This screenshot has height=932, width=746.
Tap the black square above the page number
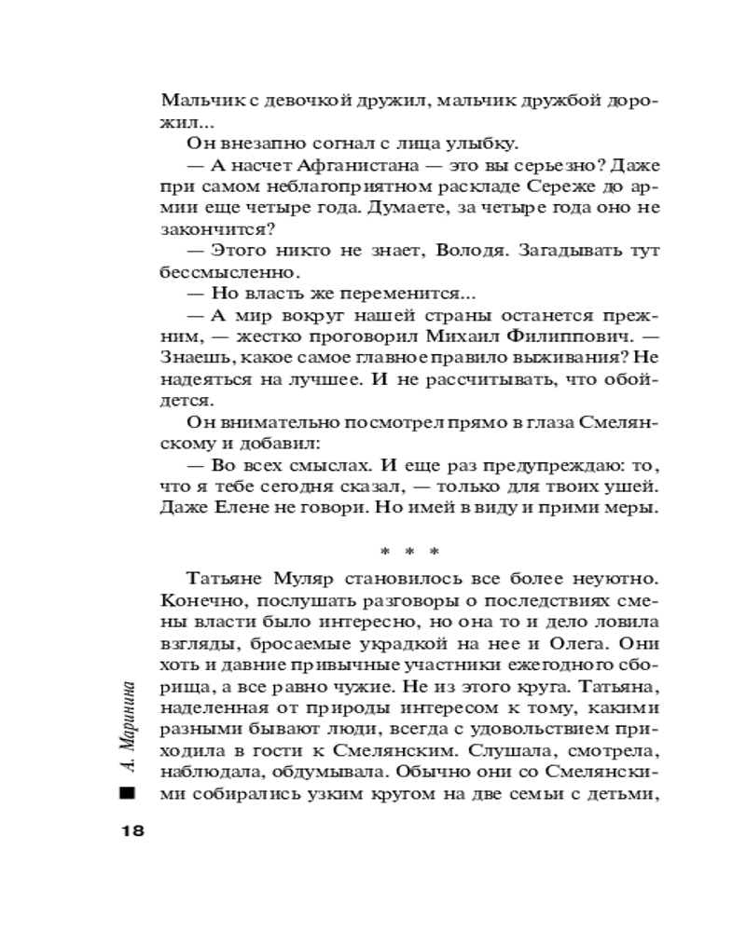[x=128, y=795]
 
